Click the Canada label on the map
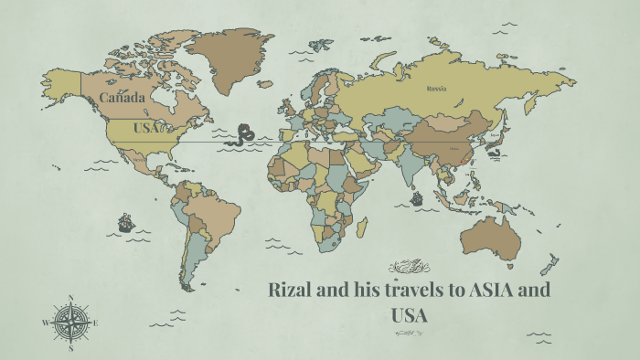click(122, 97)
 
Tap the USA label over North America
click(146, 127)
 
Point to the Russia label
click(435, 89)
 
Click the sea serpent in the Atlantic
click(244, 135)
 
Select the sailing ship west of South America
click(125, 222)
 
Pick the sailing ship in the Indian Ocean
click(417, 197)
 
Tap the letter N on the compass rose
click(71, 297)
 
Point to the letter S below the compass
click(70, 348)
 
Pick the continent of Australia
click(491, 237)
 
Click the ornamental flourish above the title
click(409, 267)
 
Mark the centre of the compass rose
click(70, 323)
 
